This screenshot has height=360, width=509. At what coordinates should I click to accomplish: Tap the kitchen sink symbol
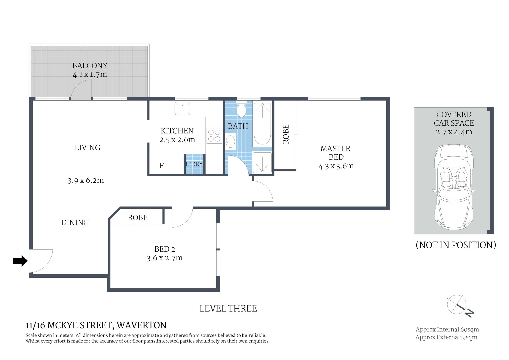coord(182,109)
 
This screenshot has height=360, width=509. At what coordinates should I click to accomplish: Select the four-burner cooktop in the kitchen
coord(214,136)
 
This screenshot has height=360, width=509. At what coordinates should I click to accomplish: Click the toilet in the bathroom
coord(241,110)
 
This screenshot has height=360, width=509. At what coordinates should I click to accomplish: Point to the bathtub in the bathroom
coord(262,124)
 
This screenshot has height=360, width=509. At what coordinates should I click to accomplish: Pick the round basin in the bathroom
coord(230,142)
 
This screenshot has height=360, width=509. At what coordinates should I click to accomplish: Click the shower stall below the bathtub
coord(262,162)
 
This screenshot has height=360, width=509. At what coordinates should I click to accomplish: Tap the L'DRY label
coord(194,164)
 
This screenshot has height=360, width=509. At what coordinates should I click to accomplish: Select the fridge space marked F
coord(162,166)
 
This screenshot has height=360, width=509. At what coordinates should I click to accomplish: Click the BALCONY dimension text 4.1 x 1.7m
coord(90,75)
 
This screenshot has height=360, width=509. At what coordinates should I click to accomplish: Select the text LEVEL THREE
coord(228,309)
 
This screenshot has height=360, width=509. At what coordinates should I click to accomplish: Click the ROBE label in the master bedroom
coord(286,134)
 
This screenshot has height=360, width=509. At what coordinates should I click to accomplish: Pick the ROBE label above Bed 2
coord(137,218)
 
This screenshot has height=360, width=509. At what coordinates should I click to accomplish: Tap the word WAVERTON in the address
coord(142,325)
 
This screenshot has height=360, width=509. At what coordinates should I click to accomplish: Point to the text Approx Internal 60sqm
coord(447,330)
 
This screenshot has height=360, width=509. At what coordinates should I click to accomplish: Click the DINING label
coord(75,223)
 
